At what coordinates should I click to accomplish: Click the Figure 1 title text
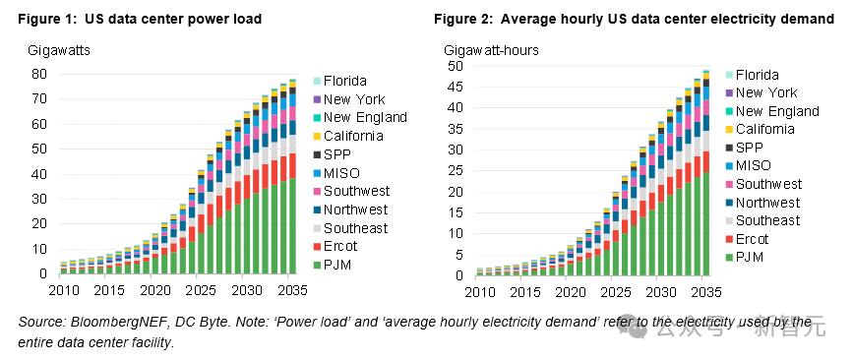[140, 19]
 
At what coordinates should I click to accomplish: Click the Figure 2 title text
[635, 19]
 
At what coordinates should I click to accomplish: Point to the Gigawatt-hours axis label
[491, 50]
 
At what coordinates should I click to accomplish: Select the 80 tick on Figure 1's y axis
[39, 74]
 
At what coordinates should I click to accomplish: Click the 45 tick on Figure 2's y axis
[456, 87]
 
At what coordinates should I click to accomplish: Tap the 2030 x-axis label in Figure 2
[658, 291]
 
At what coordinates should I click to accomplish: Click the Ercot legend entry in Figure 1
[335, 246]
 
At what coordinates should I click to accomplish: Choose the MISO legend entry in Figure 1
[336, 173]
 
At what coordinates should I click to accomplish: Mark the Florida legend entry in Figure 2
[752, 75]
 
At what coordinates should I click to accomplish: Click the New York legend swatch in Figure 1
[317, 99]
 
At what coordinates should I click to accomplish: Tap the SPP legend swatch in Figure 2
[729, 148]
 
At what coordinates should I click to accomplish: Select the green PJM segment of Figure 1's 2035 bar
[292, 225]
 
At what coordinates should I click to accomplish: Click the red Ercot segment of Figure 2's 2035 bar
[706, 161]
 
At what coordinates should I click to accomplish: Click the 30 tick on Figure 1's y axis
[39, 199]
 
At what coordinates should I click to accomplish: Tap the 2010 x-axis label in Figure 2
[479, 291]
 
